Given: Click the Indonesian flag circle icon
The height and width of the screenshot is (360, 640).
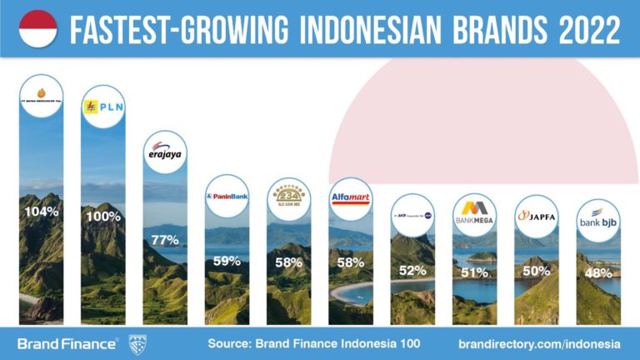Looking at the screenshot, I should [x=38, y=29].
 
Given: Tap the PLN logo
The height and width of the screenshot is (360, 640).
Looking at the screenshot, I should [x=103, y=107].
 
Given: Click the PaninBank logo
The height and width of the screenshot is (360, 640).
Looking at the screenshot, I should [x=227, y=197].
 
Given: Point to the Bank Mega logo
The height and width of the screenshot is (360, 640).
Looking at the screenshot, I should [x=474, y=216].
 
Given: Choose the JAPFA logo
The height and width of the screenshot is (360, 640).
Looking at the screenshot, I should [x=536, y=216].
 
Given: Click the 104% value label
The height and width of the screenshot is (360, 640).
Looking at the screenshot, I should [x=42, y=212].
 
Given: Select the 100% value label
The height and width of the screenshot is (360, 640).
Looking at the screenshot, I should [x=103, y=217].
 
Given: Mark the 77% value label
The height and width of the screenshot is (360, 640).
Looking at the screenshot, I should [x=165, y=239].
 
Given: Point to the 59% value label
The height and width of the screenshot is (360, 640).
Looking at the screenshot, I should [x=227, y=261].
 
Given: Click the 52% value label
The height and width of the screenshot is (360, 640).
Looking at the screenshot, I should [x=412, y=270].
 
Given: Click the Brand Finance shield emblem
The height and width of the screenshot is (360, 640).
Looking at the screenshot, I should [x=137, y=342].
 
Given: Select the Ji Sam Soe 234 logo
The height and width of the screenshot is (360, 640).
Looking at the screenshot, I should [x=289, y=198].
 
